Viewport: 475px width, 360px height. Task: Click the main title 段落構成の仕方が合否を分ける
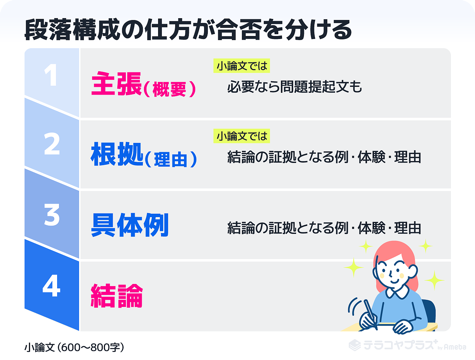click(x=188, y=30)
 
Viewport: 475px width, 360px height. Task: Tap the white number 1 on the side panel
click(x=51, y=75)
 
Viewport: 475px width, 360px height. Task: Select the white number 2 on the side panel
click(x=52, y=144)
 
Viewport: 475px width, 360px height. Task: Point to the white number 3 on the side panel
click(x=52, y=215)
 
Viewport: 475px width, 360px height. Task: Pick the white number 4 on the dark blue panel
click(x=51, y=285)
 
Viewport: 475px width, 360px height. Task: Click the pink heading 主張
click(x=117, y=84)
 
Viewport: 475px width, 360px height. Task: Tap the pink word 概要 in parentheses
click(x=170, y=89)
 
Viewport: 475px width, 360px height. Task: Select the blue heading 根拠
click(x=117, y=154)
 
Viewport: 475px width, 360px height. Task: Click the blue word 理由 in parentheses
click(x=171, y=160)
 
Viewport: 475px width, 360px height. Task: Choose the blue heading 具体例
click(x=130, y=225)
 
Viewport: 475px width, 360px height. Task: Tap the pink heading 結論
click(x=117, y=296)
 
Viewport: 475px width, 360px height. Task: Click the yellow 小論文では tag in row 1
click(x=242, y=66)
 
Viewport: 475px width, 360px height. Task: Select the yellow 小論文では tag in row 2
click(x=242, y=136)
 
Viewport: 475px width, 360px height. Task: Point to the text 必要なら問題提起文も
click(x=295, y=87)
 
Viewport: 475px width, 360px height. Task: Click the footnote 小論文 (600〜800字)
click(x=74, y=347)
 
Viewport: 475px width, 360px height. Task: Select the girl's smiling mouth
click(x=394, y=281)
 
